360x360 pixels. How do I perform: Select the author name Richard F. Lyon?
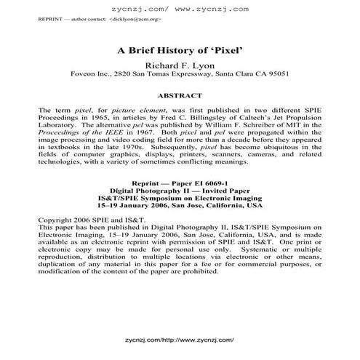(180, 64)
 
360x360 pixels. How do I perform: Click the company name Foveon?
(84, 73)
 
